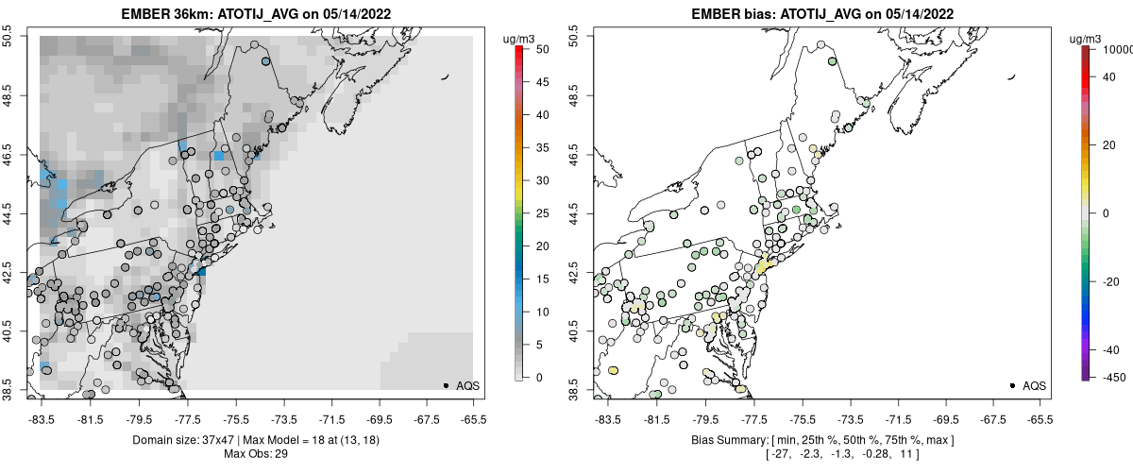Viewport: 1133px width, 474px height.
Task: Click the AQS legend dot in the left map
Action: (x=446, y=385)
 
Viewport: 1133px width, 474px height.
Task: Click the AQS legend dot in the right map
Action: (x=1012, y=385)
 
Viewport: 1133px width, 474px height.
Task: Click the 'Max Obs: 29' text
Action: (x=257, y=454)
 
